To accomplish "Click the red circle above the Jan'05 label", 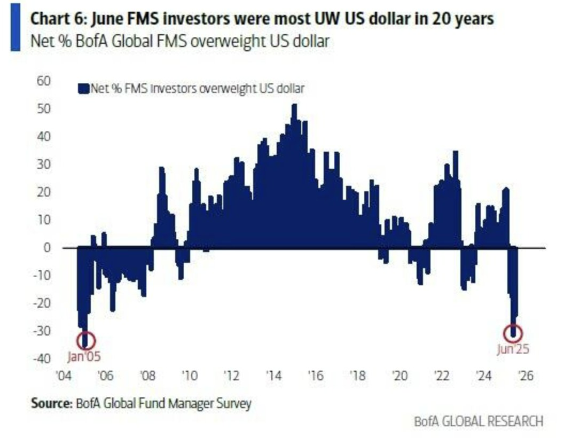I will point(88,340).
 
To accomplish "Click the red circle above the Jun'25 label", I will point(513,333).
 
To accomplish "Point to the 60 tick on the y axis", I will point(43,81).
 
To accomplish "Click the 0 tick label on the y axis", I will point(46,248).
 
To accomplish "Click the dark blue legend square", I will point(81,89).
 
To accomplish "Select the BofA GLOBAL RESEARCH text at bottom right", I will point(479,421).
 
